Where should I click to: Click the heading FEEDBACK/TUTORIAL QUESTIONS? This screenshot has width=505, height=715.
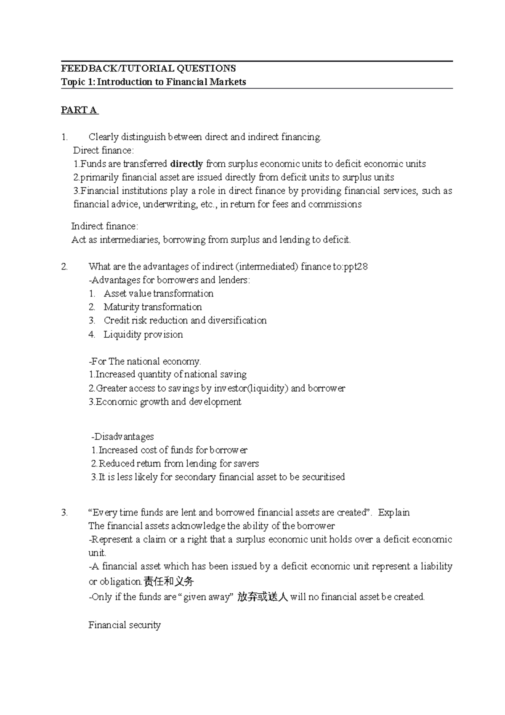click(148, 68)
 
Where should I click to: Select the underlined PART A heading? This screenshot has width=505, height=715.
click(79, 110)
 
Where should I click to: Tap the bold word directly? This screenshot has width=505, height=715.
click(186, 164)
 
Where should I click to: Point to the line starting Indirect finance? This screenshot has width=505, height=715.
click(104, 227)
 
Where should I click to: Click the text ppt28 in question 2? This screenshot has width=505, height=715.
click(356, 267)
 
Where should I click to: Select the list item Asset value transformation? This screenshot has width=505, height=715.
click(158, 293)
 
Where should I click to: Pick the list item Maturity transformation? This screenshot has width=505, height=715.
click(152, 307)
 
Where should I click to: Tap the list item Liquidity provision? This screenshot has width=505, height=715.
click(143, 334)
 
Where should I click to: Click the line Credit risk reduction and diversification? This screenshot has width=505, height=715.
click(185, 320)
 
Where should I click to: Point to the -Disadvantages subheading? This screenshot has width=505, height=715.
click(122, 437)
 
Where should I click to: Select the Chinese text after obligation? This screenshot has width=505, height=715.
click(168, 582)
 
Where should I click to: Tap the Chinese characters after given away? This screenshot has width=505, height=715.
click(262, 597)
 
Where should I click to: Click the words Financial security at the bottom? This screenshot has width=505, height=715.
click(125, 625)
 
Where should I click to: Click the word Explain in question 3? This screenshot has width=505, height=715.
click(393, 512)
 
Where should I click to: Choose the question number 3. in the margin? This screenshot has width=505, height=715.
click(64, 512)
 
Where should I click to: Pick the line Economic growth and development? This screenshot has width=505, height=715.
click(165, 402)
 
